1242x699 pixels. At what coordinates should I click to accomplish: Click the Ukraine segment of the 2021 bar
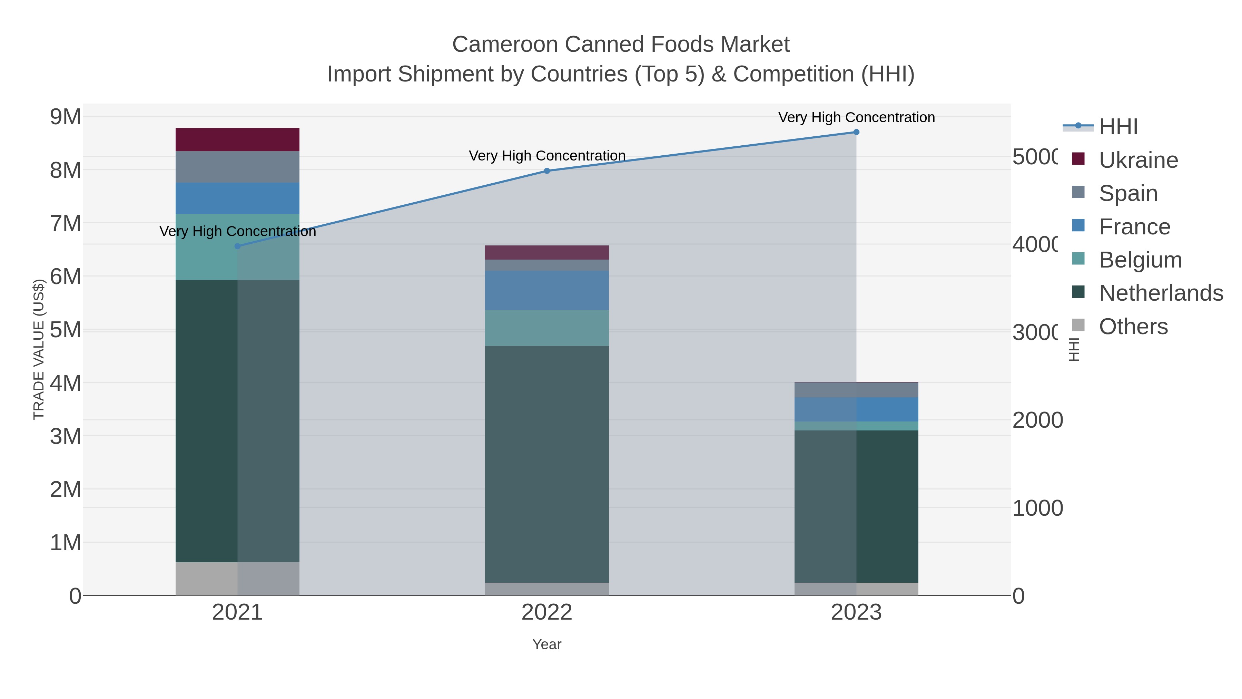point(237,139)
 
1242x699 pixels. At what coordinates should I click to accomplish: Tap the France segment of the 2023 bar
point(856,409)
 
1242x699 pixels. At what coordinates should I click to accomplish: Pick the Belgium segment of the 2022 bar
point(547,328)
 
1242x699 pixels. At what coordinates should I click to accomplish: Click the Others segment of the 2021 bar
point(237,579)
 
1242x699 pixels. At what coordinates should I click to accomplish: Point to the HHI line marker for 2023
point(856,132)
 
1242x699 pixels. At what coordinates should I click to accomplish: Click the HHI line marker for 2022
point(547,171)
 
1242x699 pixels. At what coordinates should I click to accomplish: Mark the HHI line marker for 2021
point(237,246)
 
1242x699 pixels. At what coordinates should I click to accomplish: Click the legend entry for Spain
point(1128,193)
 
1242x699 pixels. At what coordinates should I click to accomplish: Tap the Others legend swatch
point(1078,325)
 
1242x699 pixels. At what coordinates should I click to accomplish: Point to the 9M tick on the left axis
point(66,117)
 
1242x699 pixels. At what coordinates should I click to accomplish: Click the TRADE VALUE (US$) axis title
point(39,349)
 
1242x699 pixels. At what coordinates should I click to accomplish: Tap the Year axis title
point(547,644)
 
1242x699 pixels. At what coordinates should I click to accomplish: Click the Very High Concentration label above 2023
point(856,117)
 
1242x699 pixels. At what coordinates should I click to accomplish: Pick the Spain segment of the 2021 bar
point(237,167)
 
